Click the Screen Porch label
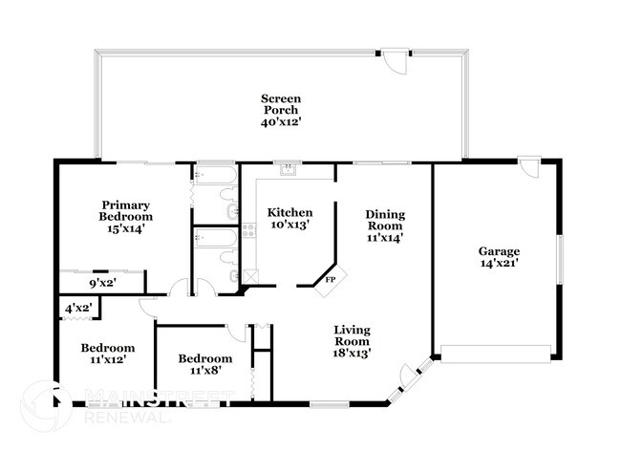point(281,98)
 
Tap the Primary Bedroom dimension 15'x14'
point(128,228)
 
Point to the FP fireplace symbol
point(331,279)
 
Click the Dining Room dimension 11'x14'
point(385,238)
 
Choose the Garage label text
point(499,251)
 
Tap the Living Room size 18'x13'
point(352,353)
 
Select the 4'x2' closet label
point(77,309)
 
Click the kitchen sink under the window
point(286,173)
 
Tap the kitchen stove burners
point(248,229)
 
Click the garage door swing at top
point(528,169)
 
